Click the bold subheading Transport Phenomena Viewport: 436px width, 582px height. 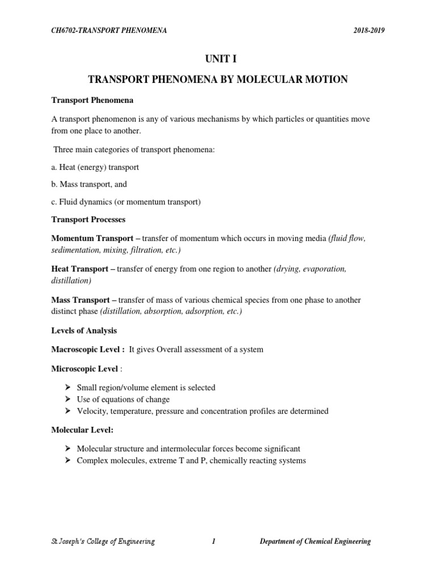(93, 101)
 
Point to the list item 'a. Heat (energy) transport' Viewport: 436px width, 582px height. (95, 168)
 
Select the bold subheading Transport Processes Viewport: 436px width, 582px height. (89, 219)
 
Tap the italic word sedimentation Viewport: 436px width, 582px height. (75, 250)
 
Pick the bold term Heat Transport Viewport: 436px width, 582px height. (81, 269)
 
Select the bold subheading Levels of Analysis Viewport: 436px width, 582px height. (85, 330)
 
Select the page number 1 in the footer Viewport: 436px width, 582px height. (213, 542)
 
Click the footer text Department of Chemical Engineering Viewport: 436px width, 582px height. (315, 542)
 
